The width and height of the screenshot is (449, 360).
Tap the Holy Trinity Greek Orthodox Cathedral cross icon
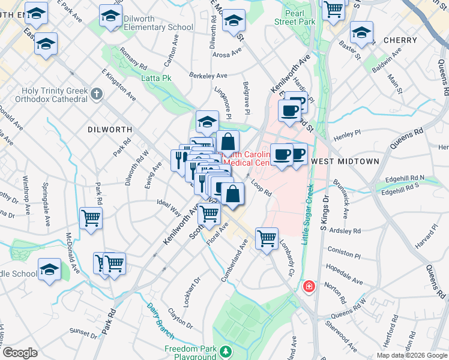tap(98, 94)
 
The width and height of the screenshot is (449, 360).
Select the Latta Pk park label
tap(156, 78)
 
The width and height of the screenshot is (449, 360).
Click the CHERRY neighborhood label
tap(399, 40)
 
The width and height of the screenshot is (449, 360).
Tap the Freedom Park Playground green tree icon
tap(226, 350)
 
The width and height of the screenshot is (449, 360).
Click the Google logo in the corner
tap(19, 353)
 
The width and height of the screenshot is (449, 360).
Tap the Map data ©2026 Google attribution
tap(412, 355)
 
